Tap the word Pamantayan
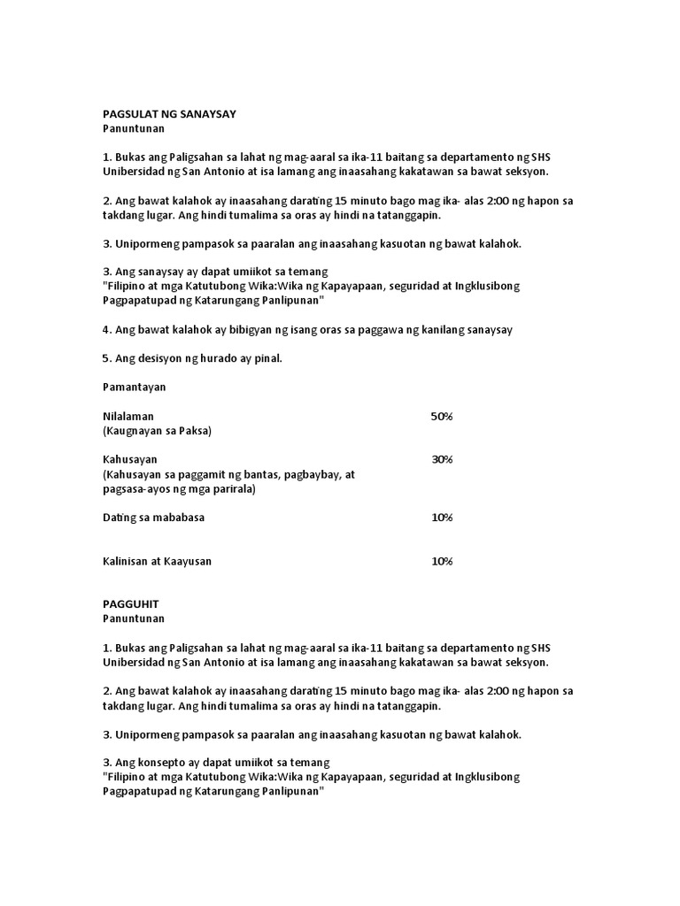click(x=134, y=387)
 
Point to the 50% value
click(x=442, y=416)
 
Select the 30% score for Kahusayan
click(x=442, y=459)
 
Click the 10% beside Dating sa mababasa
click(x=442, y=517)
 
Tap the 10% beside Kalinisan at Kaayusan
click(x=442, y=561)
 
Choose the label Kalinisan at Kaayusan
click(x=157, y=561)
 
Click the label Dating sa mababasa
click(x=153, y=517)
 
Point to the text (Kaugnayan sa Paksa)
click(x=157, y=431)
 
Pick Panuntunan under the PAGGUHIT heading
click(x=133, y=618)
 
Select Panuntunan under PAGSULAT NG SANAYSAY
click(x=133, y=129)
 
